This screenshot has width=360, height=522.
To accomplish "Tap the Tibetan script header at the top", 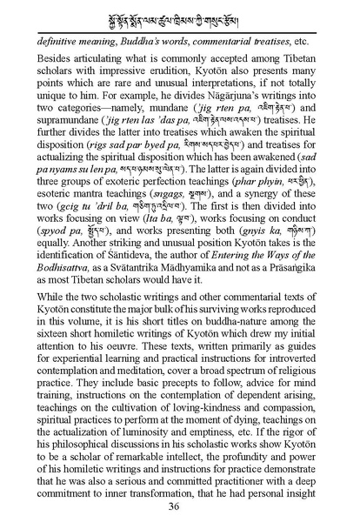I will [x=180, y=16].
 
